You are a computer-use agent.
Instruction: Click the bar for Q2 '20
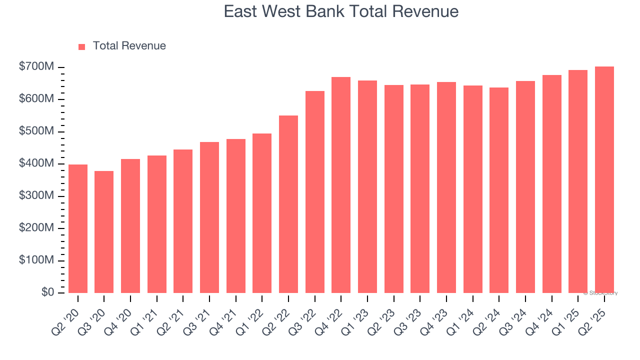pyautogui.click(x=78, y=228)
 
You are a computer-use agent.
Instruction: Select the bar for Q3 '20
pyautogui.click(x=104, y=232)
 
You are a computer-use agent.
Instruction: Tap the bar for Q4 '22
pyautogui.click(x=341, y=185)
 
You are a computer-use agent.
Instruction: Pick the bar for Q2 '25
pyautogui.click(x=604, y=180)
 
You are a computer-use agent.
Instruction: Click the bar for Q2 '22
pyautogui.click(x=288, y=204)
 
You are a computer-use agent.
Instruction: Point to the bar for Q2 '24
pyautogui.click(x=499, y=190)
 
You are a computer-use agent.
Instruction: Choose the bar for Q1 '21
pyautogui.click(x=157, y=224)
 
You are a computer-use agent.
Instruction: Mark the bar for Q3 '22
pyautogui.click(x=315, y=192)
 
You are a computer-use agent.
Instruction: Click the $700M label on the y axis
pyautogui.click(x=37, y=67)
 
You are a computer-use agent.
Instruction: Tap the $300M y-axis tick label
pyautogui.click(x=37, y=196)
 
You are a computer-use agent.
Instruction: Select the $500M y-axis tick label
pyautogui.click(x=37, y=131)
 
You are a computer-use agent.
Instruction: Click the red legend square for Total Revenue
pyautogui.click(x=82, y=46)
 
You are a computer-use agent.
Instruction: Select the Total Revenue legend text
pyautogui.click(x=129, y=46)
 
